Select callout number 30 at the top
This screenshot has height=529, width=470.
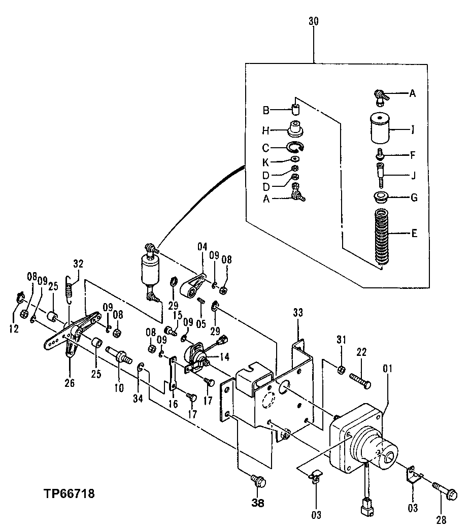314,22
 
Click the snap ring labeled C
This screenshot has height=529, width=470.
294,148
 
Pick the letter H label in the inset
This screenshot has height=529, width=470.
265,130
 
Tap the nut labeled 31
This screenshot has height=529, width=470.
342,368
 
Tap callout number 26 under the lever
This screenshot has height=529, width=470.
69,383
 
